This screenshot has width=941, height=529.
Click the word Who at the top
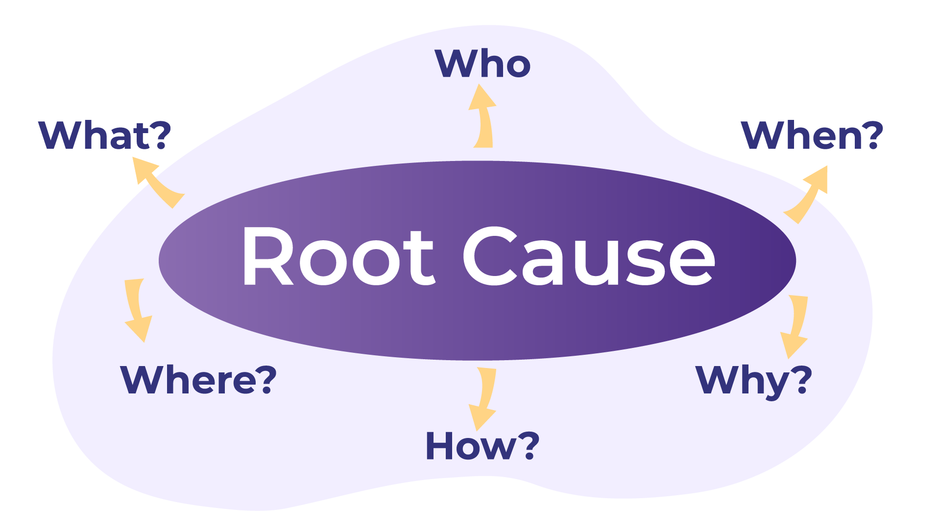[x=483, y=64]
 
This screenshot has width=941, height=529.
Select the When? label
[x=812, y=135]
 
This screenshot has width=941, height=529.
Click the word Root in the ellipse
[x=338, y=256]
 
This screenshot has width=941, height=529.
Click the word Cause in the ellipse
[x=588, y=256]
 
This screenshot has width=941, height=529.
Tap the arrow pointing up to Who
[x=483, y=117]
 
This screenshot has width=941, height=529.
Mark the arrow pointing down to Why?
[x=795, y=325]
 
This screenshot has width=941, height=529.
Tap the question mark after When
[x=871, y=135]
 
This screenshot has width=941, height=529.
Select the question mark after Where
[x=265, y=380]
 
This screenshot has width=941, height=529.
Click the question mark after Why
[x=801, y=380]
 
